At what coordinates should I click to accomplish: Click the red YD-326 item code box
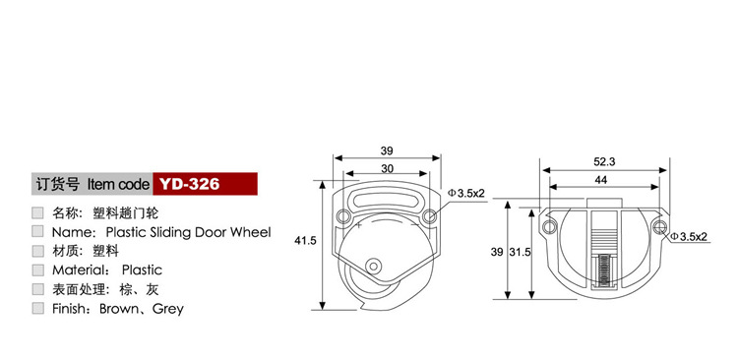tap(206, 184)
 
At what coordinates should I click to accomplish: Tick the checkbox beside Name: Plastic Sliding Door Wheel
tap(37, 231)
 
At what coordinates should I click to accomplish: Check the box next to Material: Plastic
tap(37, 270)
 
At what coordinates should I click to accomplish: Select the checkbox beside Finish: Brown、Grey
tap(37, 309)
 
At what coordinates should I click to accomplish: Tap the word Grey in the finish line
tap(168, 310)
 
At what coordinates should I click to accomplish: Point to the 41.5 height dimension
tap(306, 240)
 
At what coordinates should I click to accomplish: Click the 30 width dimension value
tap(387, 168)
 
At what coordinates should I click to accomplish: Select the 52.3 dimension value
tap(604, 162)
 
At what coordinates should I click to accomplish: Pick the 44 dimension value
tap(601, 180)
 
